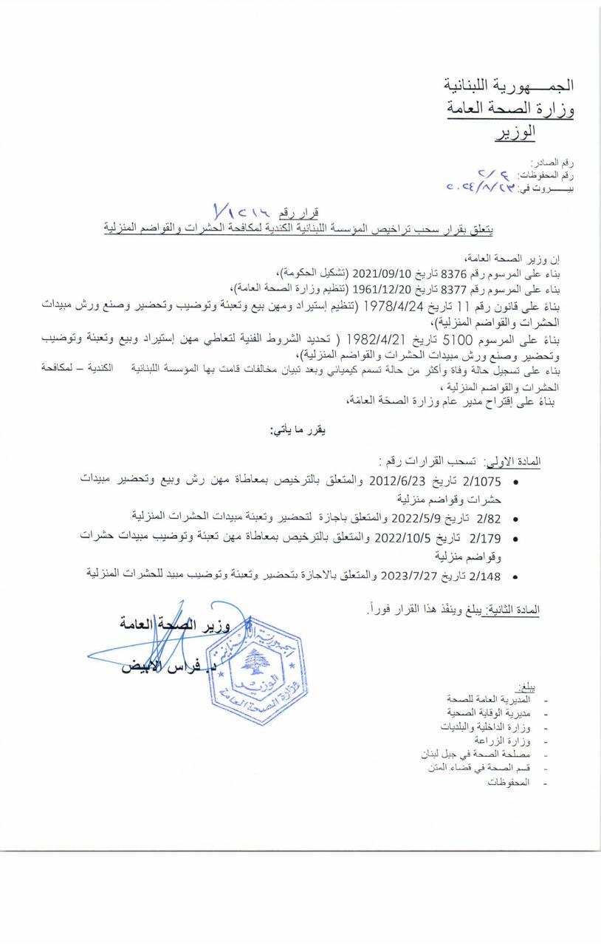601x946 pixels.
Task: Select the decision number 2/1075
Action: (x=480, y=480)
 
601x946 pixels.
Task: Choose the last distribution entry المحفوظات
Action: (x=509, y=782)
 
